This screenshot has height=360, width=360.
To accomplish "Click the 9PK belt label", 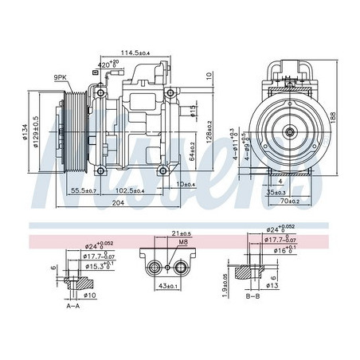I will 61,76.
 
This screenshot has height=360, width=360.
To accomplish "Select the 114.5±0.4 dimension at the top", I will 147,53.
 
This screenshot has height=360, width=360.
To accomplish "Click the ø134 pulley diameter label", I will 25,132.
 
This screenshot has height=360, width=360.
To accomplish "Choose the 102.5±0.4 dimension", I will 127,191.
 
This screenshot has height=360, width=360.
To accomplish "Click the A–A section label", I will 73,305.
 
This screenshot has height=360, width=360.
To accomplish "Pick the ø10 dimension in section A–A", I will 89,295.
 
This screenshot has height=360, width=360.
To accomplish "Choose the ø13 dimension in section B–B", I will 271,286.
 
